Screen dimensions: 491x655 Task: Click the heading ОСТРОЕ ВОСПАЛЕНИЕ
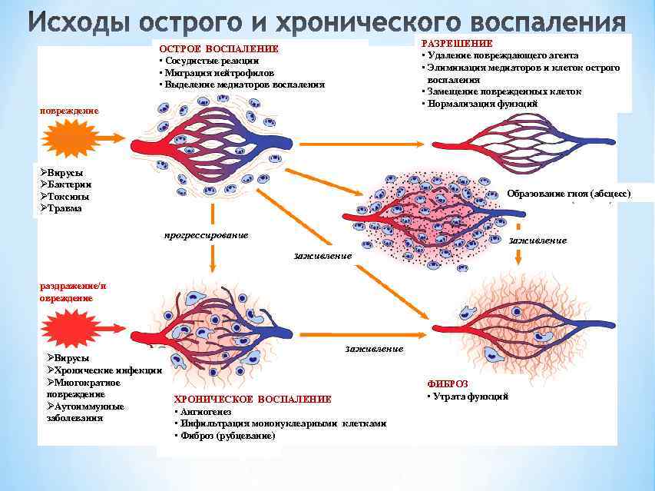[218, 49]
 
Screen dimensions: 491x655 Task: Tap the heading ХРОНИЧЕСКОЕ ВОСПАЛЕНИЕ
[253, 399]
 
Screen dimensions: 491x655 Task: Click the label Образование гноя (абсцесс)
[568, 194]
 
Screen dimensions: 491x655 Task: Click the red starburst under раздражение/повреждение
[71, 329]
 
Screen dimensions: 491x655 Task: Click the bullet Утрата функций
[469, 396]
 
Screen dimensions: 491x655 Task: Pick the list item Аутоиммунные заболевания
[85, 412]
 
